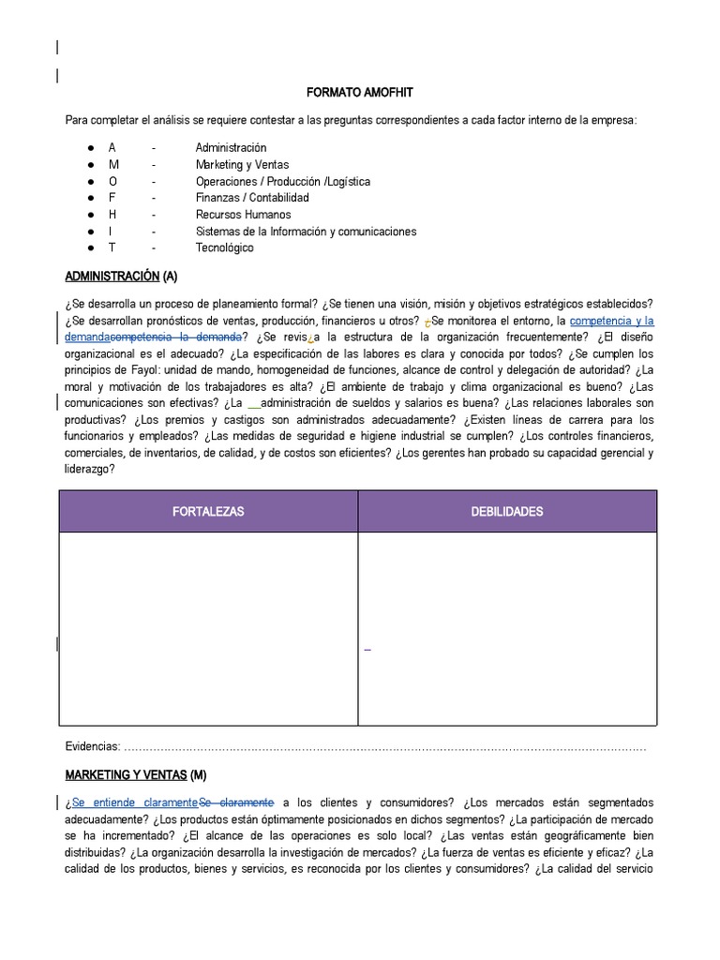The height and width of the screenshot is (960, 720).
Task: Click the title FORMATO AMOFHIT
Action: [359, 94]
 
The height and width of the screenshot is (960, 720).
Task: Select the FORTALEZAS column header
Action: [208, 512]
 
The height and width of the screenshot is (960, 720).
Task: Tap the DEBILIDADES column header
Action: [507, 512]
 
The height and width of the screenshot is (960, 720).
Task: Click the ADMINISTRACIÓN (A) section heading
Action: [121, 277]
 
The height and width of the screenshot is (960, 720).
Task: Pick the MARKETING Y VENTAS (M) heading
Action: [135, 775]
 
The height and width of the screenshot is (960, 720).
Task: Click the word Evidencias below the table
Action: [93, 746]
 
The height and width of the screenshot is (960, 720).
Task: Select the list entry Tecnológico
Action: [224, 248]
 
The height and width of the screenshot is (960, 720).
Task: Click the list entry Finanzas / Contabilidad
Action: [252, 198]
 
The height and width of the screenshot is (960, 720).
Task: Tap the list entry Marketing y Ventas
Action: [242, 165]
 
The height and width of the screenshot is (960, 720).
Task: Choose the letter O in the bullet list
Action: [112, 182]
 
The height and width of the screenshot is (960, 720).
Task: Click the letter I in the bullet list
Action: [111, 232]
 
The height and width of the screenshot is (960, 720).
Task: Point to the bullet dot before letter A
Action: [89, 148]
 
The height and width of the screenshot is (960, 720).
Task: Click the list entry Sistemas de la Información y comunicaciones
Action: [306, 232]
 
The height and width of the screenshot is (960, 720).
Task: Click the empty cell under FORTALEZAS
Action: [208, 628]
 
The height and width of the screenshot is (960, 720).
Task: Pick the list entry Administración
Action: [231, 148]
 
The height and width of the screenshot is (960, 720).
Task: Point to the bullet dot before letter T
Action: [89, 248]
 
